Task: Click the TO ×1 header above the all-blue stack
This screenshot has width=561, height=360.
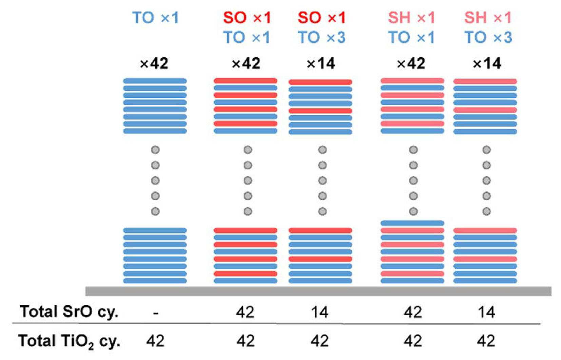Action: (156, 18)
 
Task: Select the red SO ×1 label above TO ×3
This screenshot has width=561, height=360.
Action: (322, 18)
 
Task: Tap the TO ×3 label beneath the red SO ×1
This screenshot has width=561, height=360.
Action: (322, 37)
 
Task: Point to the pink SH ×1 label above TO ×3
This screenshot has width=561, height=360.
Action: (488, 18)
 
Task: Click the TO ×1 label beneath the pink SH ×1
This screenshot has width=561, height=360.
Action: (411, 37)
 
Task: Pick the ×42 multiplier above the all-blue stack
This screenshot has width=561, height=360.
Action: (154, 63)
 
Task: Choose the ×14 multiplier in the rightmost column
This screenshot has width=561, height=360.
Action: (487, 63)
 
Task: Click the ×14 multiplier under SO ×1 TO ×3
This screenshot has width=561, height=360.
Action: (321, 63)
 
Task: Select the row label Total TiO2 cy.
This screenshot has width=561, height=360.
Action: (69, 341)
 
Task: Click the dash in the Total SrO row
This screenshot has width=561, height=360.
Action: (156, 313)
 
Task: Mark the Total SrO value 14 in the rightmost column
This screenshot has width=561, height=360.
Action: (486, 312)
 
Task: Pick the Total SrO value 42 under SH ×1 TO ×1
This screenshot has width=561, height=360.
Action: (412, 312)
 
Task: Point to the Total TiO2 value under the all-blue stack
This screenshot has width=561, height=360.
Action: (155, 341)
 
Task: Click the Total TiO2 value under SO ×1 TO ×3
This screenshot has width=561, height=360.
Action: (320, 341)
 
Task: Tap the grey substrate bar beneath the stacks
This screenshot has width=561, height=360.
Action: (318, 291)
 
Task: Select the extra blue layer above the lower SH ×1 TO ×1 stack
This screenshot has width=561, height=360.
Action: (412, 223)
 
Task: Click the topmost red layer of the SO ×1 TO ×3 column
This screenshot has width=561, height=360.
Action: (320, 82)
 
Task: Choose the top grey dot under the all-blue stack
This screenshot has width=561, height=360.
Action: (155, 150)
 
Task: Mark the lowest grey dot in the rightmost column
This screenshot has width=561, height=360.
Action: (487, 211)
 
